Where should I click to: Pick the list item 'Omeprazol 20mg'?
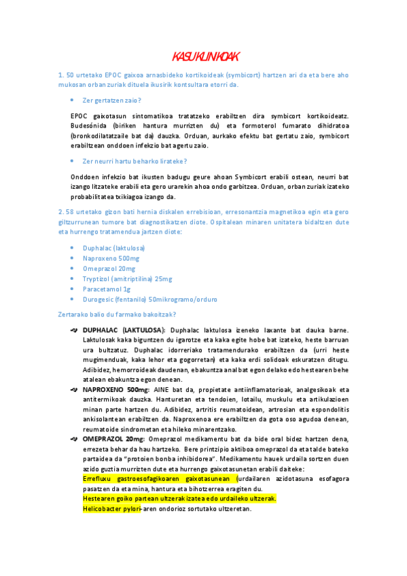coord(108,268)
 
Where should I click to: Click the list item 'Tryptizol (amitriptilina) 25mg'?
coord(127,278)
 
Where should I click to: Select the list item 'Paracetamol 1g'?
coord(107,289)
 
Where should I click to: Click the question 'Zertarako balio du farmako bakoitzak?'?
coord(118,314)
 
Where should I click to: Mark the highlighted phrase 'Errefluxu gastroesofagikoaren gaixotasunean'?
coord(157,479)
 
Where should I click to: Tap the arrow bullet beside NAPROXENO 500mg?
coord(74,390)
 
